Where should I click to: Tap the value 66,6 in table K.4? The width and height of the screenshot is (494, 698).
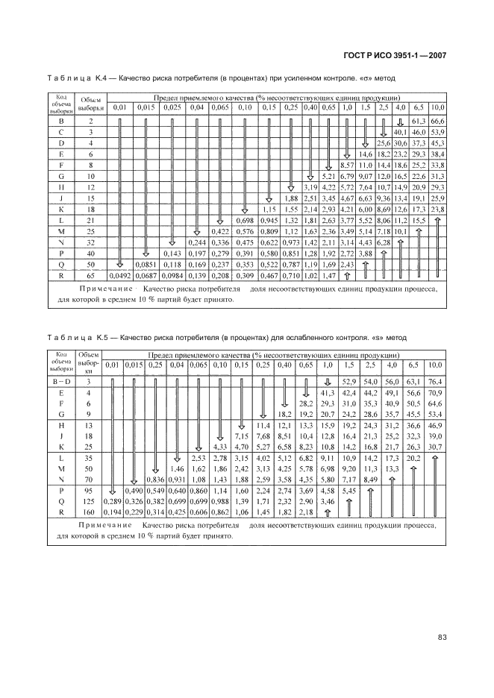tap(437, 121)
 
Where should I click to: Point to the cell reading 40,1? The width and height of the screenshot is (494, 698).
tap(401, 131)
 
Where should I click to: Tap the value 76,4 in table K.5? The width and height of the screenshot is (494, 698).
tap(435, 380)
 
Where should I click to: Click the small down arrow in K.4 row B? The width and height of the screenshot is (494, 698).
tap(400, 121)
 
